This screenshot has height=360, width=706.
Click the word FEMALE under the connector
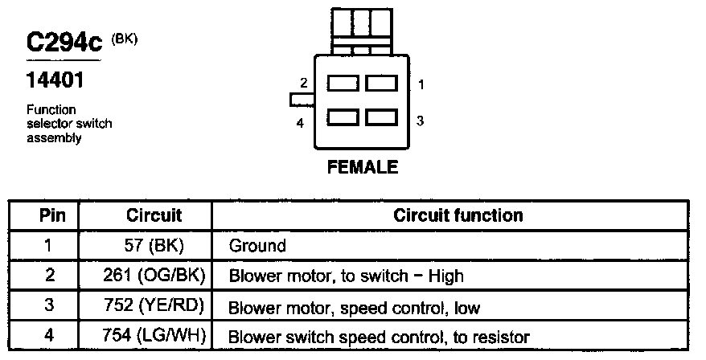362,168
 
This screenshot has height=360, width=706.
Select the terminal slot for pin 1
381,83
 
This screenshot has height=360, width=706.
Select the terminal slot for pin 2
343,83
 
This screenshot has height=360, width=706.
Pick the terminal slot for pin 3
381,118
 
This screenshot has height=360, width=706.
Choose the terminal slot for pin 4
343,118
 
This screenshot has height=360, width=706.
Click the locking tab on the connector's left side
302,100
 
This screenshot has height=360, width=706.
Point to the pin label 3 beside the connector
420,121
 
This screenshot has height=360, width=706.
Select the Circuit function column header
458,215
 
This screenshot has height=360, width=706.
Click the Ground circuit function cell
257,245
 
